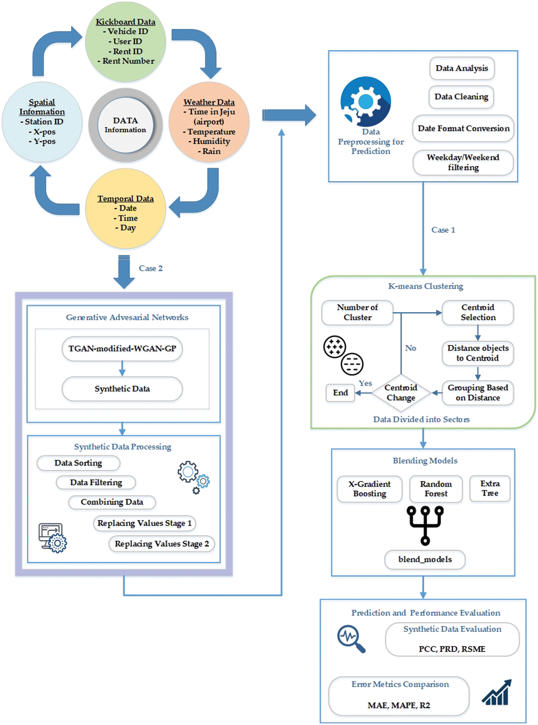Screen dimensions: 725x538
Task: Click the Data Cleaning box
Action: click(461, 97)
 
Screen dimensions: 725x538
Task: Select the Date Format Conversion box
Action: click(463, 128)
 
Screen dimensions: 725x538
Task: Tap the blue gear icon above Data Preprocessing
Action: click(366, 101)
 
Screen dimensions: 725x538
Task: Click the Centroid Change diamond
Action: click(401, 392)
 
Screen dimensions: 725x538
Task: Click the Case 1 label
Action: click(443, 230)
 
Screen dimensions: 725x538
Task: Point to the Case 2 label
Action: click(150, 268)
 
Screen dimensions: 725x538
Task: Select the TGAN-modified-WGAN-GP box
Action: click(122, 349)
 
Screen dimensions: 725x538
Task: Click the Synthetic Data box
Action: click(122, 389)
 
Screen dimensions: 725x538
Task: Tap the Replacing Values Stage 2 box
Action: click(161, 544)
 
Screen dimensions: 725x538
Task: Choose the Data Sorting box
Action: click(78, 463)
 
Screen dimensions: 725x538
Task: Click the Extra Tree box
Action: click(489, 488)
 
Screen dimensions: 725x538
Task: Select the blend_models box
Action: click(425, 559)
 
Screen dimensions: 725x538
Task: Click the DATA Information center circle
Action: click(125, 125)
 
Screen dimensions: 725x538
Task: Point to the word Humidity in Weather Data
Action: click(212, 141)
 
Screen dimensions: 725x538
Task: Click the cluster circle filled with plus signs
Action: click(334, 347)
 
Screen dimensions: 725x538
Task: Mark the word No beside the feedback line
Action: click(410, 348)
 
